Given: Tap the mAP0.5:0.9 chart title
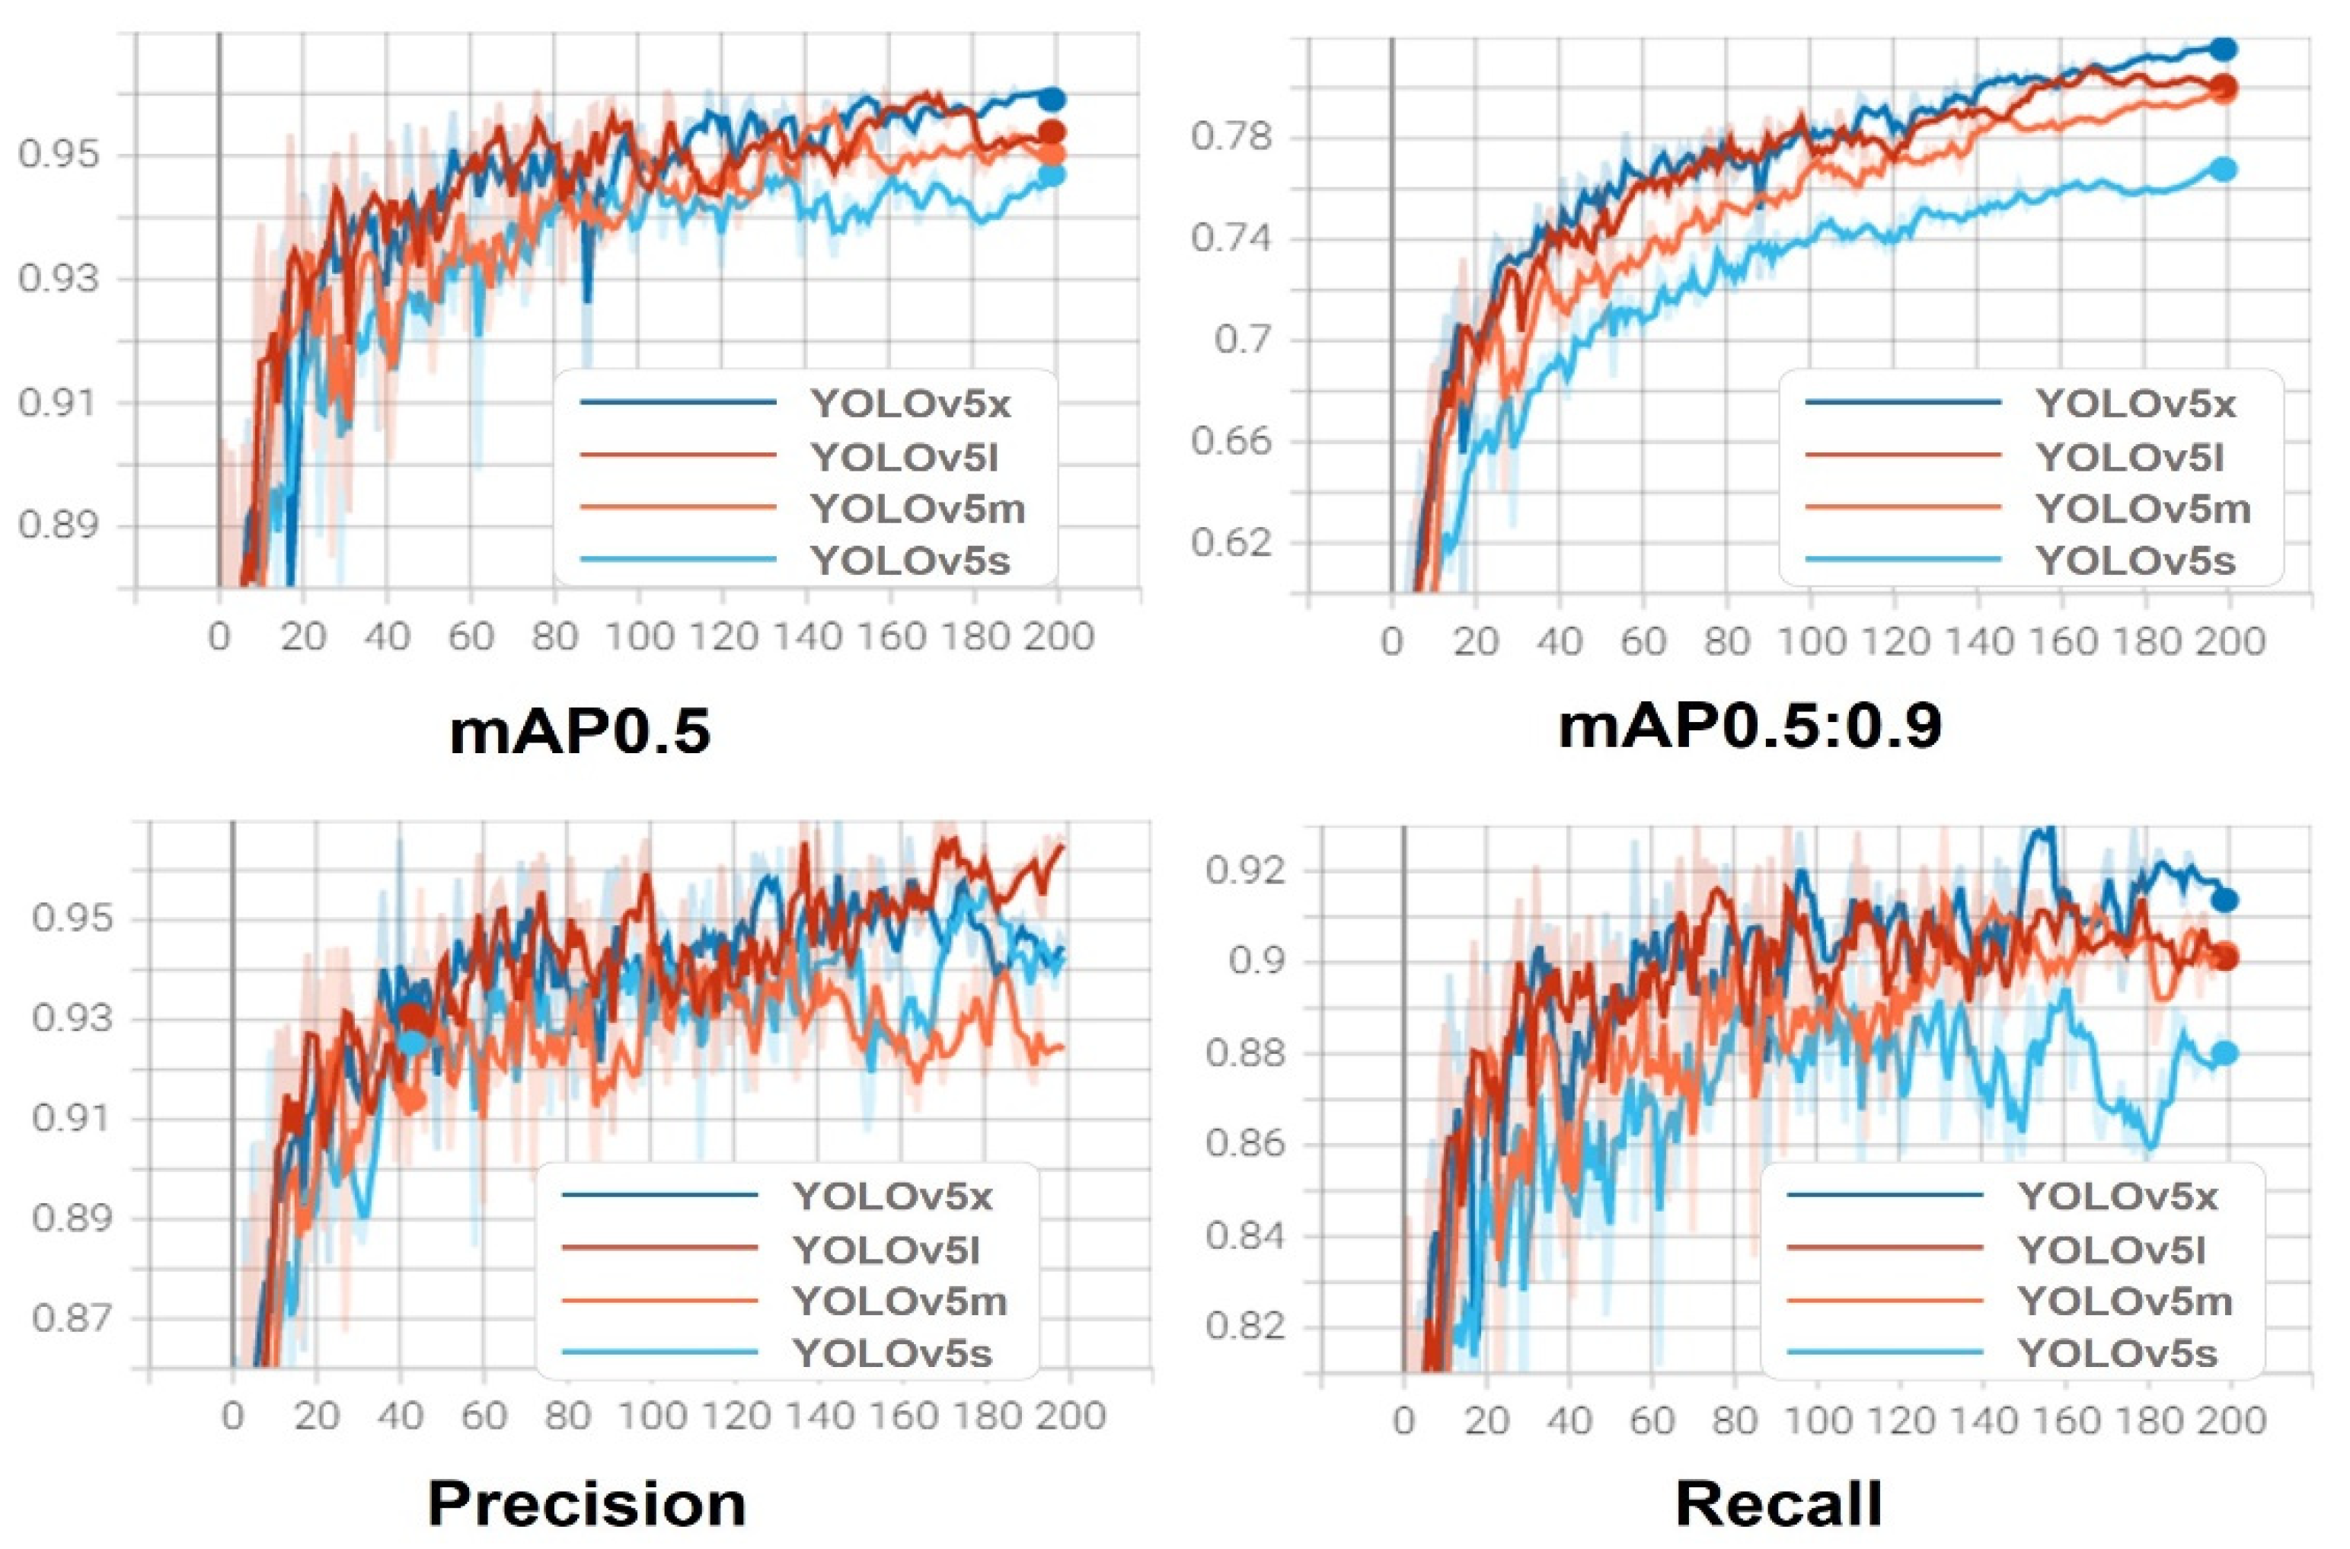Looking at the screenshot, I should pyautogui.click(x=1749, y=725).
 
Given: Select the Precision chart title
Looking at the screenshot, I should pyautogui.click(x=587, y=1505).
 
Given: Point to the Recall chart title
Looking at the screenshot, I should pyautogui.click(x=1779, y=1505).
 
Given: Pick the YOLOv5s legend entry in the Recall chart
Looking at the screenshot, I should pyautogui.click(x=2117, y=1353).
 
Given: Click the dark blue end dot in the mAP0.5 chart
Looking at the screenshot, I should pyautogui.click(x=1053, y=99).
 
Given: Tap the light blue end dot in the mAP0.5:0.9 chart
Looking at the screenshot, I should pyautogui.click(x=2223, y=169).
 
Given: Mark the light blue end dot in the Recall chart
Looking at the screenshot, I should pyautogui.click(x=2224, y=1053).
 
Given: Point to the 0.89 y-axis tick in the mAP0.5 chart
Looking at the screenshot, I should pyautogui.click(x=59, y=525).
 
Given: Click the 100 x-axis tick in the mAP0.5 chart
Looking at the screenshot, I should pyautogui.click(x=638, y=637).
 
